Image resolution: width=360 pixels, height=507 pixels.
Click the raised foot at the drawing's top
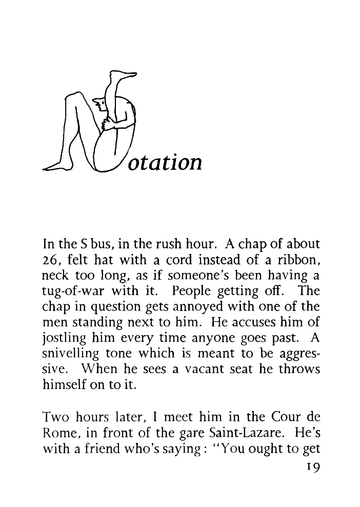[x=125, y=75]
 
